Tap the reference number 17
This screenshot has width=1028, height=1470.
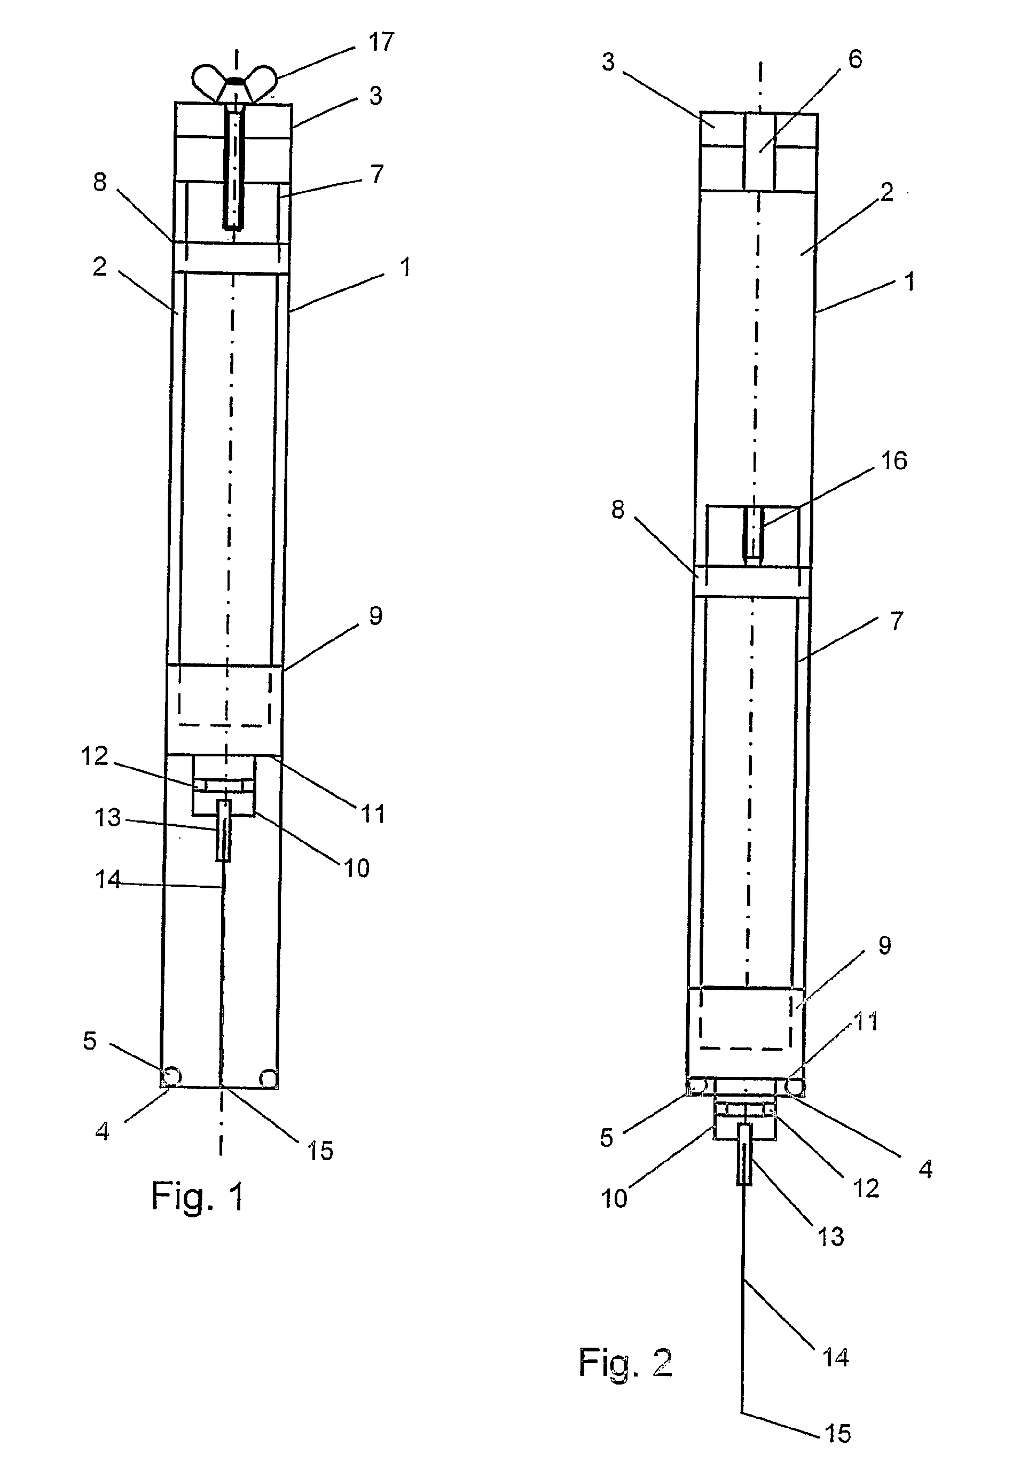point(381,42)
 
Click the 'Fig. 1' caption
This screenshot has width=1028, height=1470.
point(198,1195)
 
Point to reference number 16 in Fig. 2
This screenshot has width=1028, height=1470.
point(894,460)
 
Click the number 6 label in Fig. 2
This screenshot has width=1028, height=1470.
point(855,59)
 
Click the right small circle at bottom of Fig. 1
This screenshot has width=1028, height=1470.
point(268,1077)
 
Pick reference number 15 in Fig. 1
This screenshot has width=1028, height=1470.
point(320,1151)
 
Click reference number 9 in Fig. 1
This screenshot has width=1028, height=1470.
point(376,616)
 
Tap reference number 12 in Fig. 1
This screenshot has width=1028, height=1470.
point(94,756)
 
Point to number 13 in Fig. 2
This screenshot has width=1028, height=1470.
point(831,1237)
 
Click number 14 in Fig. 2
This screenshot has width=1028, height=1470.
point(835,1357)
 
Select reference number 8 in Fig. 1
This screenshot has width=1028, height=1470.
point(100,182)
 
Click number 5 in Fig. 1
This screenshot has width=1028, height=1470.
point(90,1041)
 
